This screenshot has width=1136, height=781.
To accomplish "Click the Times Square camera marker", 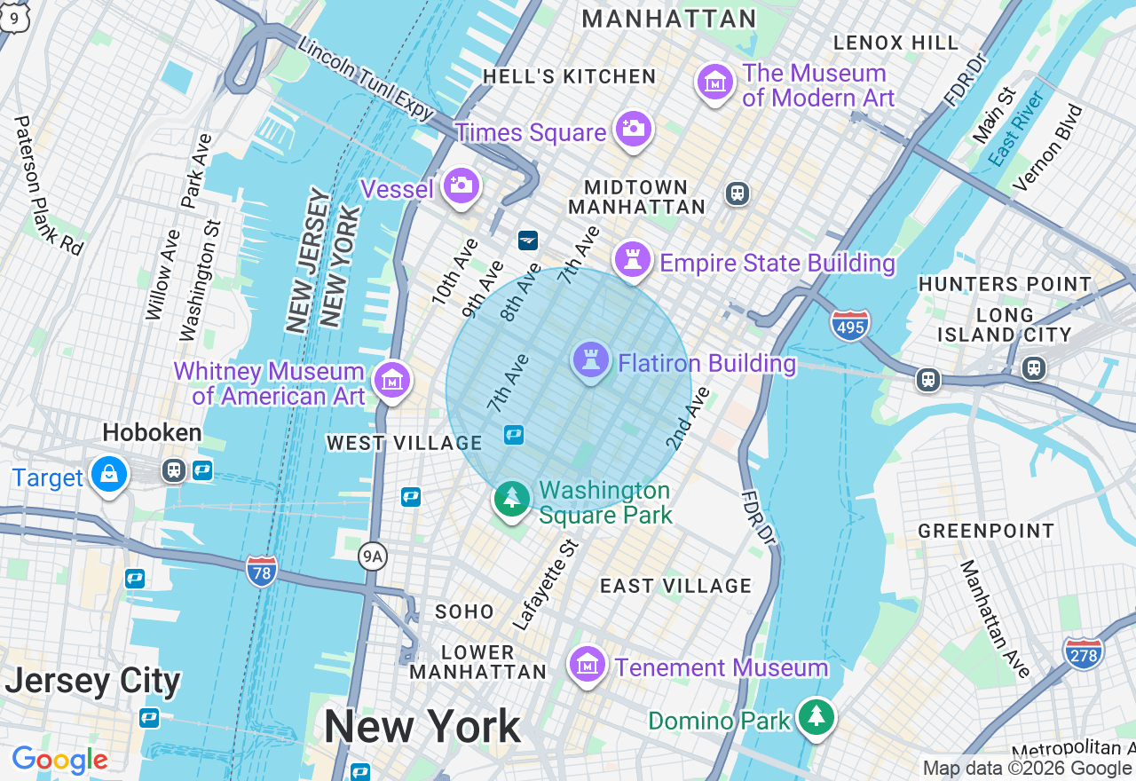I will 632,129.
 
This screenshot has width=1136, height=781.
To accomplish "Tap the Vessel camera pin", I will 461,185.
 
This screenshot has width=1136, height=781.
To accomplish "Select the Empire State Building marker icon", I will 632,260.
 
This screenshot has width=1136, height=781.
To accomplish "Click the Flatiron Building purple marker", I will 589,360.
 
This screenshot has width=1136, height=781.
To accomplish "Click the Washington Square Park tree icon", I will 512,498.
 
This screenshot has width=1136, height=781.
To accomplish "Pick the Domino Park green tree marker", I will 816,716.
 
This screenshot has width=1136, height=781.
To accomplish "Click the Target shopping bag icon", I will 108,474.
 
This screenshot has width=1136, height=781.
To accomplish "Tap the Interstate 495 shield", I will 850,325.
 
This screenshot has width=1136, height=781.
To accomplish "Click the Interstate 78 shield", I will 262,570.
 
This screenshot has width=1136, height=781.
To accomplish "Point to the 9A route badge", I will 373,557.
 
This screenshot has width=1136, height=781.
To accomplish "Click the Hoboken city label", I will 152,433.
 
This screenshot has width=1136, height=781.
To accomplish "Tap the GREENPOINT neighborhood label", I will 986,531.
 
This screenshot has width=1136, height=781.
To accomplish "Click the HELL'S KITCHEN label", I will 569,77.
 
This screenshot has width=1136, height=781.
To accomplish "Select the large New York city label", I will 422,727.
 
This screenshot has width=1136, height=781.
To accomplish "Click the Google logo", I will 59,760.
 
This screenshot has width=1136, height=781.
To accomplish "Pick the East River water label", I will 1017,128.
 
